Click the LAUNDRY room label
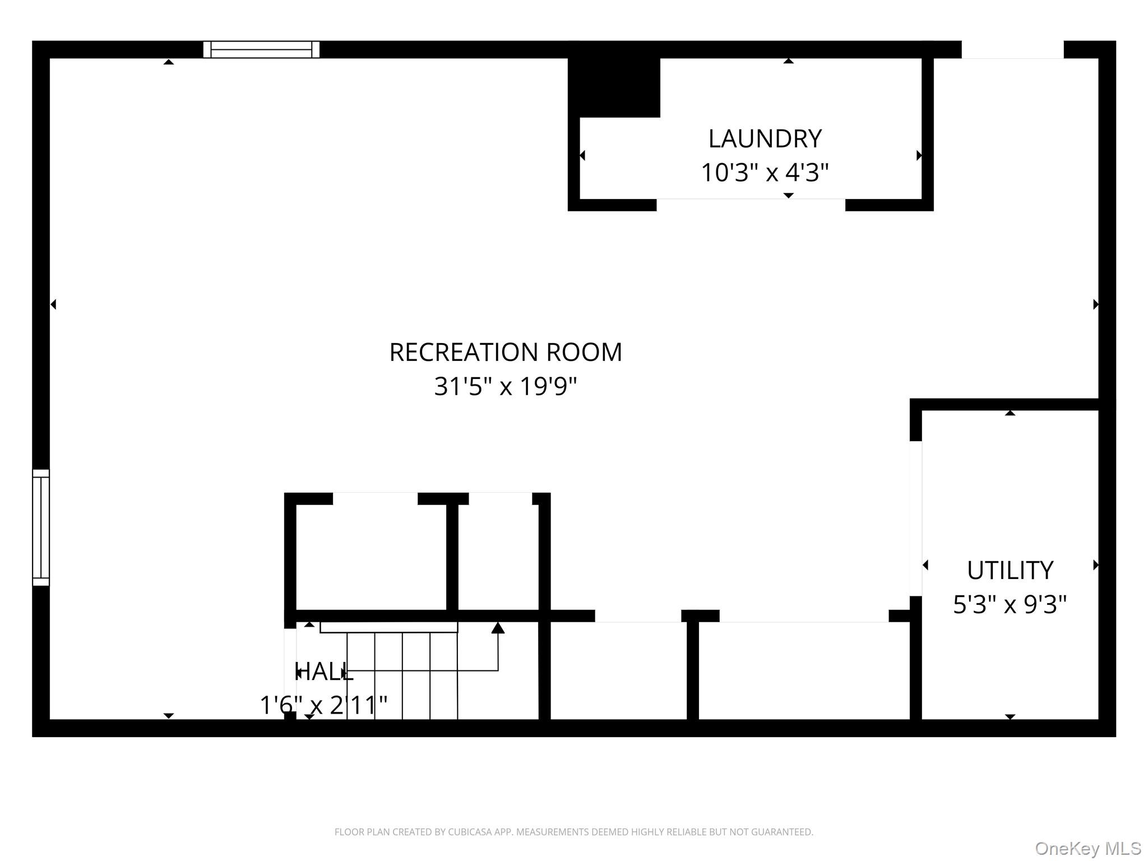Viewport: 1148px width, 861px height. [765, 138]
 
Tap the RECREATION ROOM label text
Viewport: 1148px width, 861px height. [505, 353]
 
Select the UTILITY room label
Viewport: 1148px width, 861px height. [1010, 571]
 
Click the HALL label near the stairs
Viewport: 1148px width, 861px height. [324, 672]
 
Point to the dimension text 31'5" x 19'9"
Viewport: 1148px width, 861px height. [505, 386]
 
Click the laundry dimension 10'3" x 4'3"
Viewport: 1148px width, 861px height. [765, 173]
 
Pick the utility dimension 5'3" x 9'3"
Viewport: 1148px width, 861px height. [1010, 604]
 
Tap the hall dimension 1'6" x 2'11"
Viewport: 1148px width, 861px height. [323, 705]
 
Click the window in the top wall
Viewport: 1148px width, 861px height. [261, 49]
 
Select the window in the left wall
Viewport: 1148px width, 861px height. [41, 527]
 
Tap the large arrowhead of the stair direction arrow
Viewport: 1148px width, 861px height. [498, 628]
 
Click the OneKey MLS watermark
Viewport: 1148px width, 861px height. [1087, 848]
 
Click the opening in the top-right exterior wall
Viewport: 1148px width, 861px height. [1012, 49]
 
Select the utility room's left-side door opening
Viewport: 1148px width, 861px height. [915, 519]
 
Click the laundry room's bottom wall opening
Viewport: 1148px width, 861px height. [751, 205]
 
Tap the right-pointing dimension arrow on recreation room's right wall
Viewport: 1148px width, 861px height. [1096, 304]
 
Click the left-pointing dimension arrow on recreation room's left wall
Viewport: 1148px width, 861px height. [53, 304]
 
